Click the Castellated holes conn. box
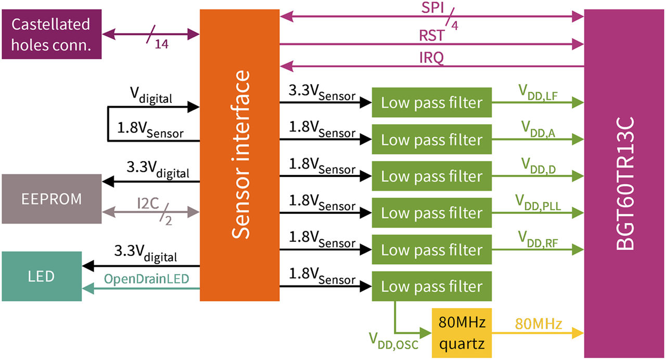point(50,34)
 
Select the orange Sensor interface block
point(240,155)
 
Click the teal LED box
point(42,276)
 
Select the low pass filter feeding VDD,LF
point(432,102)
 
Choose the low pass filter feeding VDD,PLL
point(432,213)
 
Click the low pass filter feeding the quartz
point(432,287)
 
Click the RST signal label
point(432,36)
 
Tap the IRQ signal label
point(432,58)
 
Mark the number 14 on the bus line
point(162,45)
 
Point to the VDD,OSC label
point(394,341)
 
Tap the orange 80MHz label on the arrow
point(539,324)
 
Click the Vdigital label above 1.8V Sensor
point(151,96)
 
